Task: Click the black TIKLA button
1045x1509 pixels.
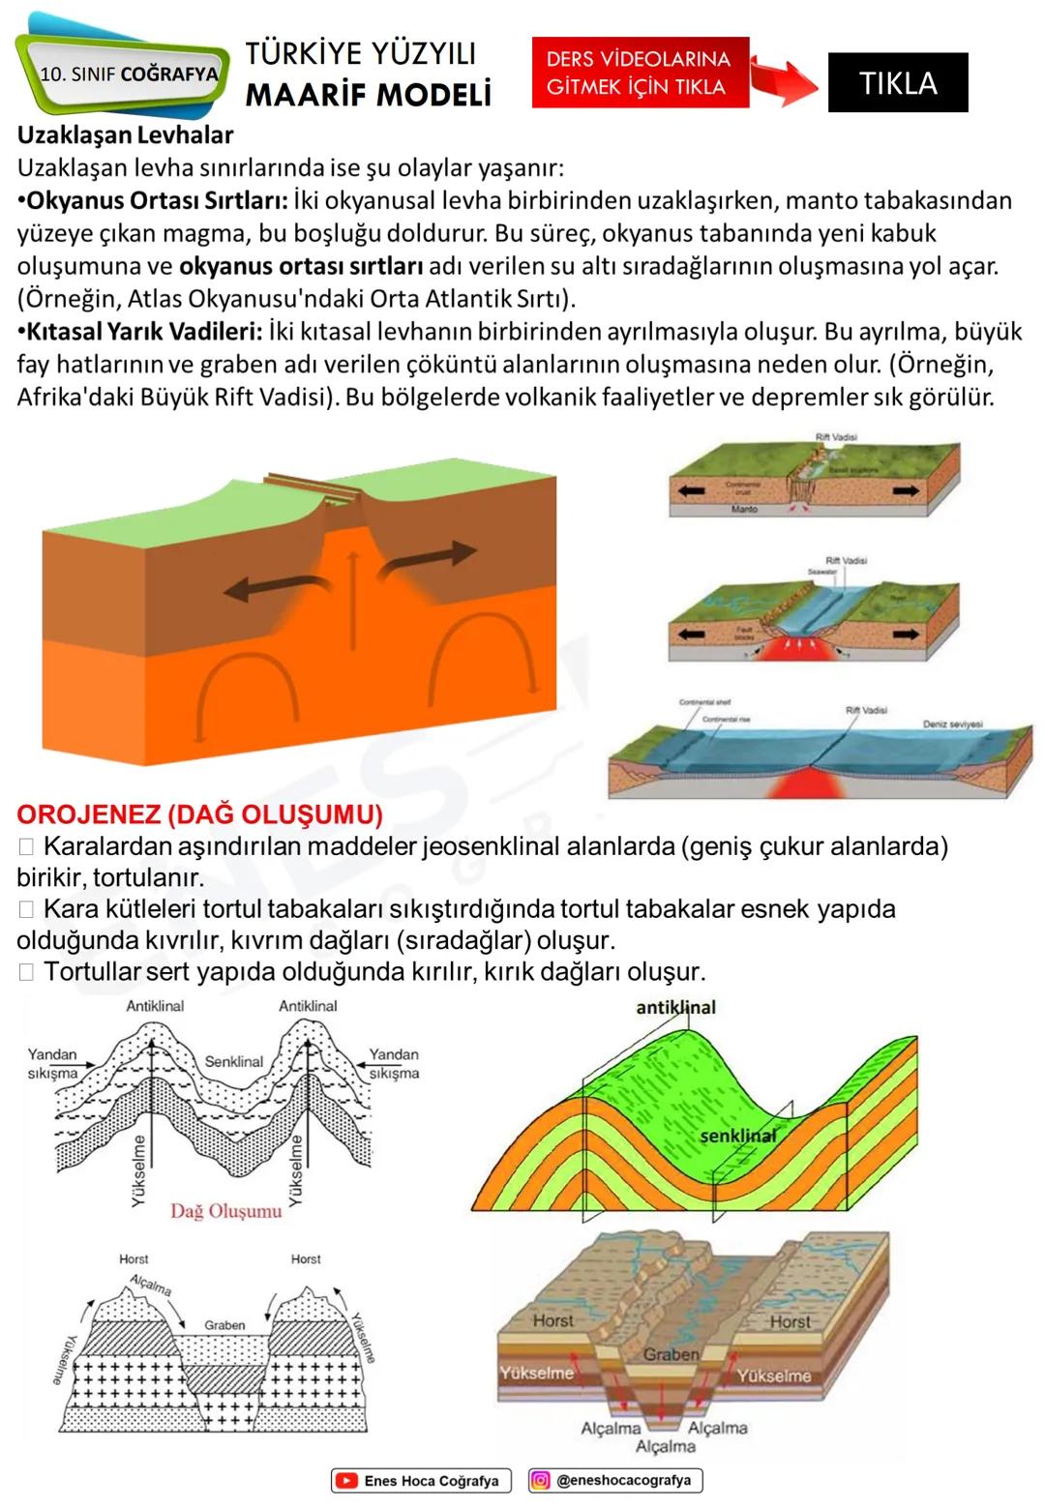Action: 897,82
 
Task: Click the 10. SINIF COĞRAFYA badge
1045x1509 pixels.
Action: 129,74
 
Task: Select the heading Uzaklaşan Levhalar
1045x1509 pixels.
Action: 125,134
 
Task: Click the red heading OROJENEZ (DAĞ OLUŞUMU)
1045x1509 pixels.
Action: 199,814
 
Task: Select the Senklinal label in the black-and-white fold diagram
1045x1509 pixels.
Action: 233,1061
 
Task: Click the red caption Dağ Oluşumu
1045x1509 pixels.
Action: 225,1211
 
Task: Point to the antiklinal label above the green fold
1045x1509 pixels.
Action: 675,1007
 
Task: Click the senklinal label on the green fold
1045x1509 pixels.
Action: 737,1135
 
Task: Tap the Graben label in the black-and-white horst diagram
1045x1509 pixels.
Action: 224,1325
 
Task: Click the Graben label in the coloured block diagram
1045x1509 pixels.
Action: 671,1354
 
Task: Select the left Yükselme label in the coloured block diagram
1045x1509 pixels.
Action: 537,1373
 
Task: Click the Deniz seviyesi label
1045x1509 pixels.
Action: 952,724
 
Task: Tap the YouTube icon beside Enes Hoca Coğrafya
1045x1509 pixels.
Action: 345,1480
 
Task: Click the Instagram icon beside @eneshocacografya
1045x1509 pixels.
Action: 541,1480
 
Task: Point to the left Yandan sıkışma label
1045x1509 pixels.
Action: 52,1063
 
